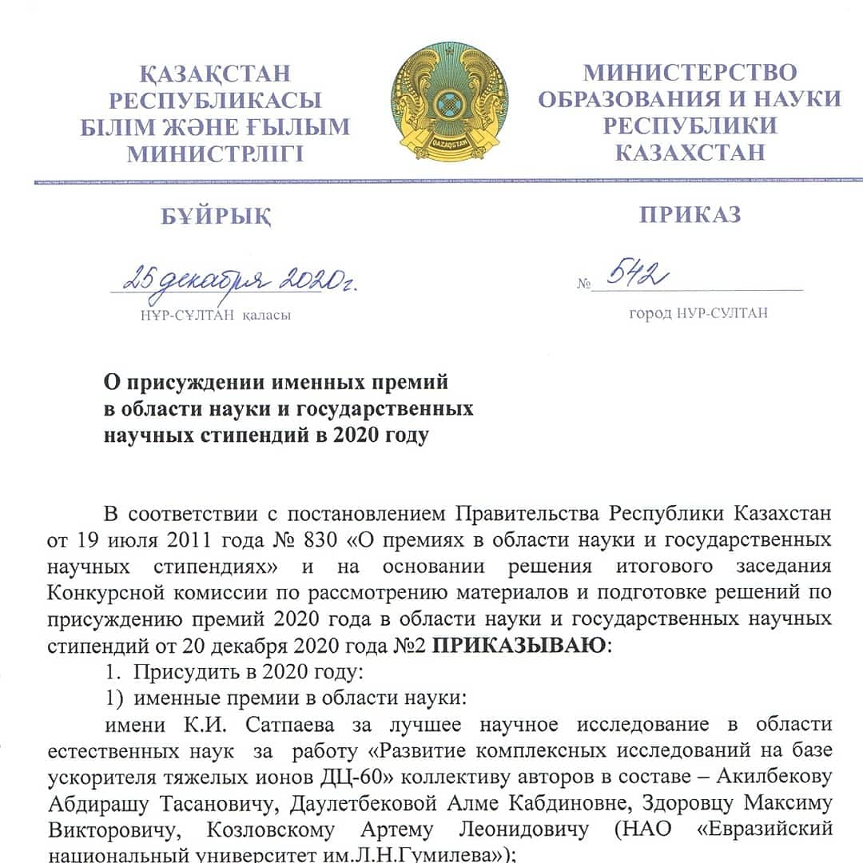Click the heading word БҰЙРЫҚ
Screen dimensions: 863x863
tap(216, 216)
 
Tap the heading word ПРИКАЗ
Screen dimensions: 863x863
tap(690, 215)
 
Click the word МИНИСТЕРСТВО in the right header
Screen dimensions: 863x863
tap(690, 73)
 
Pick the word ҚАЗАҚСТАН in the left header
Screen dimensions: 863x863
tap(215, 74)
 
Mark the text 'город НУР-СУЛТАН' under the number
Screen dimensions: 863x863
tap(698, 313)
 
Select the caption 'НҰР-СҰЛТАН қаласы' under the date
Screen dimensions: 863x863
tap(215, 315)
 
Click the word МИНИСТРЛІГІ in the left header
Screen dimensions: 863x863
tap(215, 153)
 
